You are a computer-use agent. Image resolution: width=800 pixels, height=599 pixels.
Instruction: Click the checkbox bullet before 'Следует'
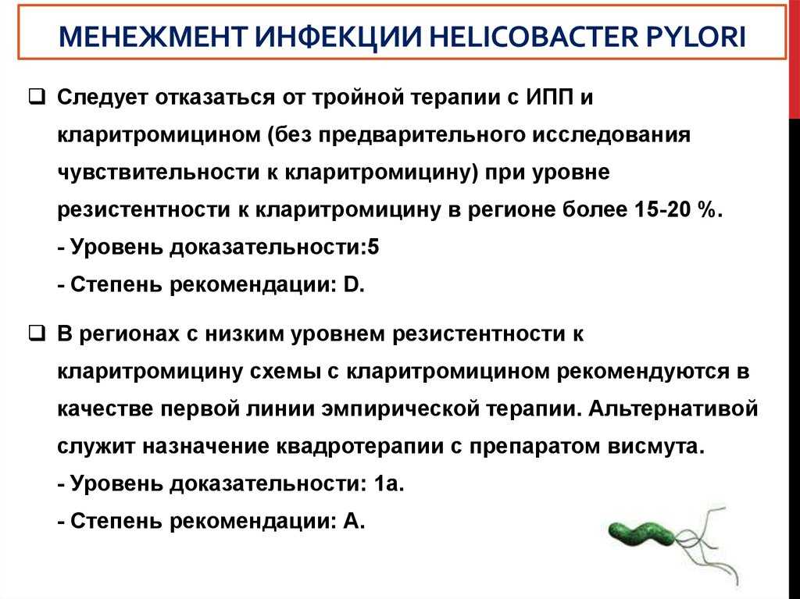[x=37, y=96]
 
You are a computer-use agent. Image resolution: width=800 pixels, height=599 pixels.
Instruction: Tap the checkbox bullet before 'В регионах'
[x=37, y=333]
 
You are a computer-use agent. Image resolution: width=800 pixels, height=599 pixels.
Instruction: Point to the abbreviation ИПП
[x=549, y=97]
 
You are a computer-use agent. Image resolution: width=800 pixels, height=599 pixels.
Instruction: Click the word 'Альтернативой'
[x=673, y=408]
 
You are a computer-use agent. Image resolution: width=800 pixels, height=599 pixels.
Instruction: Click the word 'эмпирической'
[x=400, y=408]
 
